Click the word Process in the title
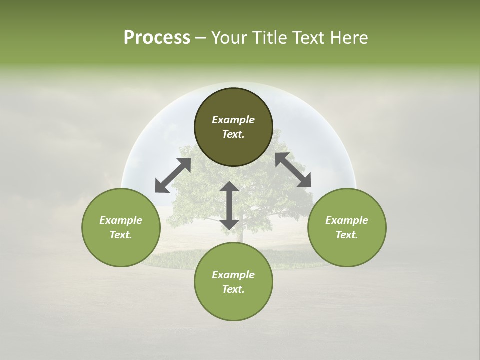(x=157, y=38)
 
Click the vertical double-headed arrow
(x=229, y=205)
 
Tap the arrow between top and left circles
(x=173, y=175)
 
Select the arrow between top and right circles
(x=293, y=170)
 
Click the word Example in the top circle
(x=233, y=120)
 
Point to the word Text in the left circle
(x=121, y=235)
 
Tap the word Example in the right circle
(x=347, y=220)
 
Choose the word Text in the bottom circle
(x=233, y=289)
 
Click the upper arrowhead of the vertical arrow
(x=229, y=187)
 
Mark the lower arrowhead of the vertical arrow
(x=229, y=223)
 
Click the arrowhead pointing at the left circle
(x=161, y=186)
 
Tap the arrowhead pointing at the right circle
(x=304, y=181)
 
